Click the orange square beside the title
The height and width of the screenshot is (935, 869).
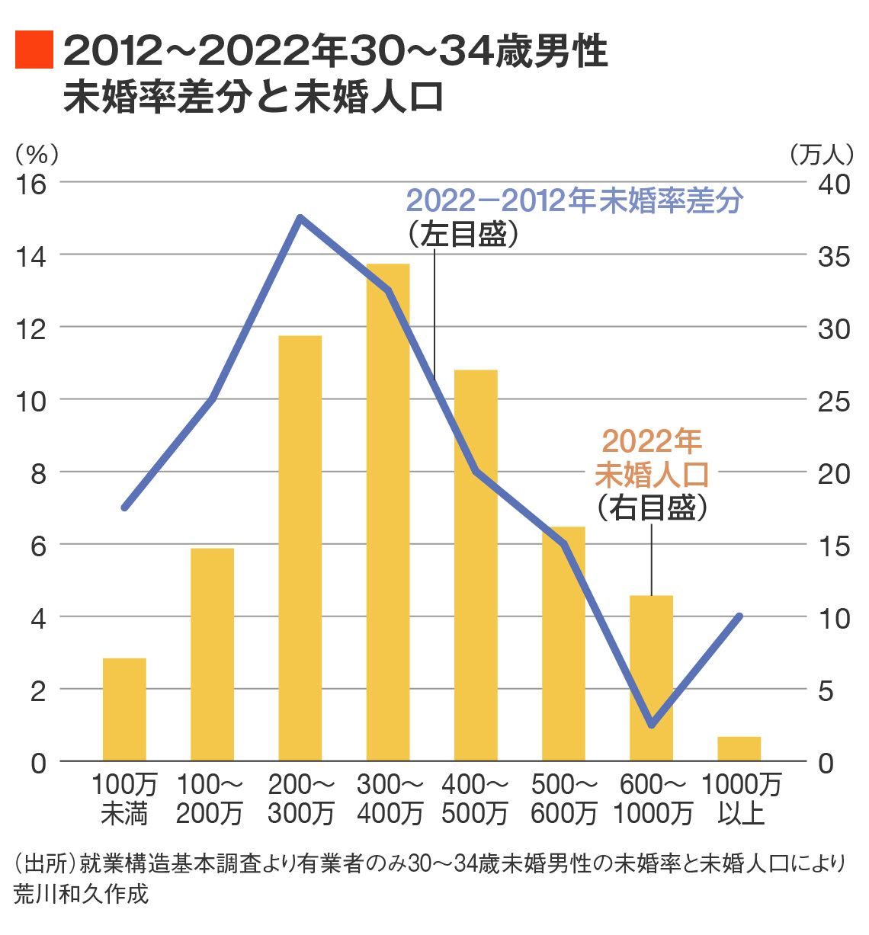pyautogui.click(x=34, y=50)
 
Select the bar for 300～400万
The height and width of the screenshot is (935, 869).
pyautogui.click(x=388, y=512)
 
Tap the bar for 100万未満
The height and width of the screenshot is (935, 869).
pyautogui.click(x=124, y=709)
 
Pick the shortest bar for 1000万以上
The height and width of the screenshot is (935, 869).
pyautogui.click(x=739, y=749)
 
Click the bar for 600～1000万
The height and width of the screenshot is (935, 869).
pyautogui.click(x=652, y=678)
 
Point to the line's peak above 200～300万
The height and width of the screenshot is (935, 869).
pyautogui.click(x=300, y=218)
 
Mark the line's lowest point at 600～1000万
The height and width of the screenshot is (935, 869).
pyautogui.click(x=652, y=725)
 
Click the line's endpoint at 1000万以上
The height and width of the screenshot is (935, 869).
pyautogui.click(x=739, y=616)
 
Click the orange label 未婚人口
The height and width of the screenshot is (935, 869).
pyautogui.click(x=653, y=474)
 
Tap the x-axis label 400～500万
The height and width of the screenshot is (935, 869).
pyautogui.click(x=475, y=799)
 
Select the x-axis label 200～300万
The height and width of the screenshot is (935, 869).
pyautogui.click(x=301, y=799)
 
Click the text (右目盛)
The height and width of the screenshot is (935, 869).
pyautogui.click(x=653, y=508)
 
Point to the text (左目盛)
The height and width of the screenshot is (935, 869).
pyautogui.click(x=463, y=234)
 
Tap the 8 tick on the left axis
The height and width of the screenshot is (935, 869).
pyautogui.click(x=37, y=473)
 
